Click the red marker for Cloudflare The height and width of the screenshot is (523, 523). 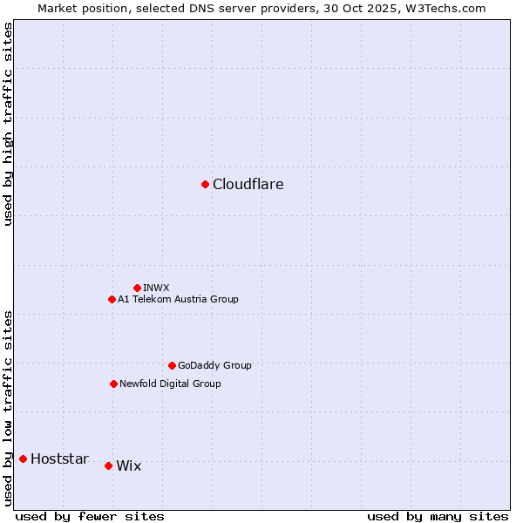[x=205, y=184]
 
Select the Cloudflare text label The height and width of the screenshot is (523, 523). [x=248, y=185]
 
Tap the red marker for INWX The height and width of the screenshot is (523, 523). [x=137, y=288]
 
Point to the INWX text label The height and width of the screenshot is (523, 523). [x=156, y=288]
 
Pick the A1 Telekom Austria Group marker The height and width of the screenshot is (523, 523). [x=112, y=299]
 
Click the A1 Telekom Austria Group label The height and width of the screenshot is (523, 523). [x=178, y=299]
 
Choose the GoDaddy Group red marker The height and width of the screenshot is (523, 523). [x=172, y=365]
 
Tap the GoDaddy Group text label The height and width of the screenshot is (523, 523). [x=214, y=365]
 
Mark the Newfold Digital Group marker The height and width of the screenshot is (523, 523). [x=113, y=384]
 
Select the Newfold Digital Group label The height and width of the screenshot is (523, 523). [x=170, y=384]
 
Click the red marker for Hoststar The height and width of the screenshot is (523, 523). [x=23, y=458]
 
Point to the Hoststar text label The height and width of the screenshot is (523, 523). [x=59, y=459]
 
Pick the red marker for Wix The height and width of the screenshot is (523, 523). [x=108, y=465]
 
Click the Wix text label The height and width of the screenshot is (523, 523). [x=128, y=466]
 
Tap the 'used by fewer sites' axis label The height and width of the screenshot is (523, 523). [x=90, y=516]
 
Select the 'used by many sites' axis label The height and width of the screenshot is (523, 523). [x=438, y=516]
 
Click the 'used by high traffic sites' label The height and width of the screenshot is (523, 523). [x=9, y=124]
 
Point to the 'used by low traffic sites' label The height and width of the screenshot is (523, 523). [x=9, y=407]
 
